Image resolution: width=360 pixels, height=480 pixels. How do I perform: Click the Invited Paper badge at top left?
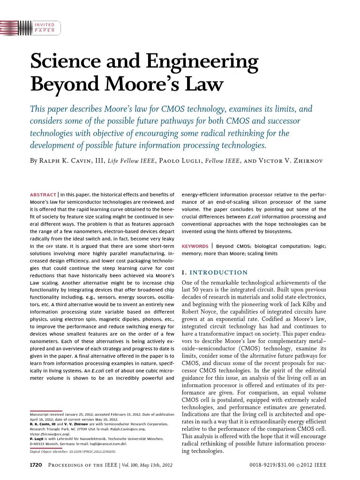(45, 28)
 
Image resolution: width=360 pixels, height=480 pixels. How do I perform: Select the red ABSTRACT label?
(43, 194)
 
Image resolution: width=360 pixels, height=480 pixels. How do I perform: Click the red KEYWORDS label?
(195, 246)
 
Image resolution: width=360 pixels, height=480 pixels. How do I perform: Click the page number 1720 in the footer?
(36, 465)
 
